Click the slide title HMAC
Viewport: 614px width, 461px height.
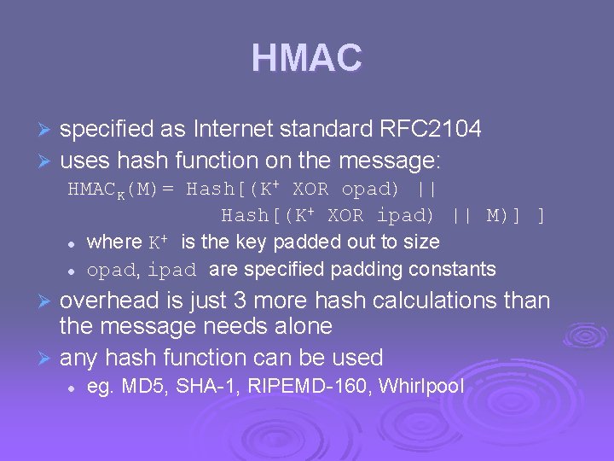(x=306, y=58)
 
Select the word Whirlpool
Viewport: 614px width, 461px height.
(x=421, y=386)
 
